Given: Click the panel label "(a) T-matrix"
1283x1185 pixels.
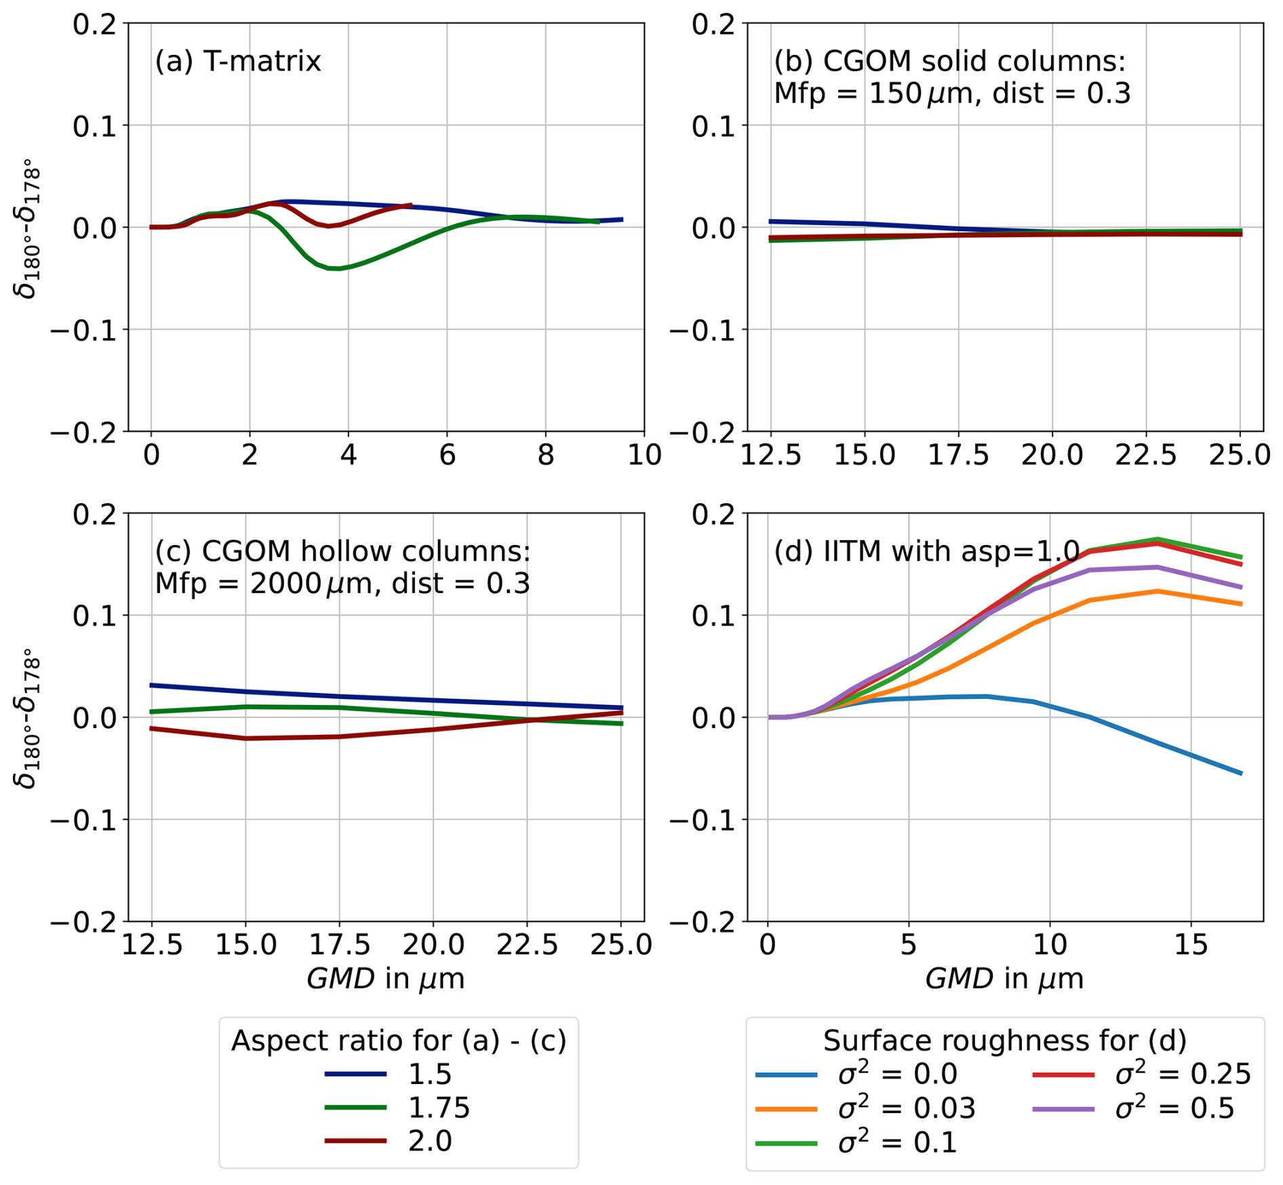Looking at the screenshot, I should (237, 62).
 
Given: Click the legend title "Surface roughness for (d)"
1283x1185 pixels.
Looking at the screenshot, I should (1004, 1041).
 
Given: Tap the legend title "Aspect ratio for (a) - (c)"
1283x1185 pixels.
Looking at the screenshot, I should (399, 1041).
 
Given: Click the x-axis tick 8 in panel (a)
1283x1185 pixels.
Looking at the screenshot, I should (546, 455).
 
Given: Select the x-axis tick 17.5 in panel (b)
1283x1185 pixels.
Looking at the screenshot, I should (958, 455).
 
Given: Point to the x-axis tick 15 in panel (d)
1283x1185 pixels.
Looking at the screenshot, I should (1191, 944).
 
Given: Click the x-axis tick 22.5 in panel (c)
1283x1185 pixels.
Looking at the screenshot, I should (527, 944).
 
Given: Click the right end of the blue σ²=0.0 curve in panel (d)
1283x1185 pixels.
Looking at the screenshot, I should (1241, 773).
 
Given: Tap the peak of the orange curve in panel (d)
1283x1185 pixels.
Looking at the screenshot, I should (1157, 591).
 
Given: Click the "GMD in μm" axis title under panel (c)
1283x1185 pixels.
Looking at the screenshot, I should (385, 979).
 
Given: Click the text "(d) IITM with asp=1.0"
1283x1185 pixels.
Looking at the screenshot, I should (926, 552).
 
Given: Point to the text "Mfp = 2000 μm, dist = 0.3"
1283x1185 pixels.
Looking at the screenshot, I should (342, 584).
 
